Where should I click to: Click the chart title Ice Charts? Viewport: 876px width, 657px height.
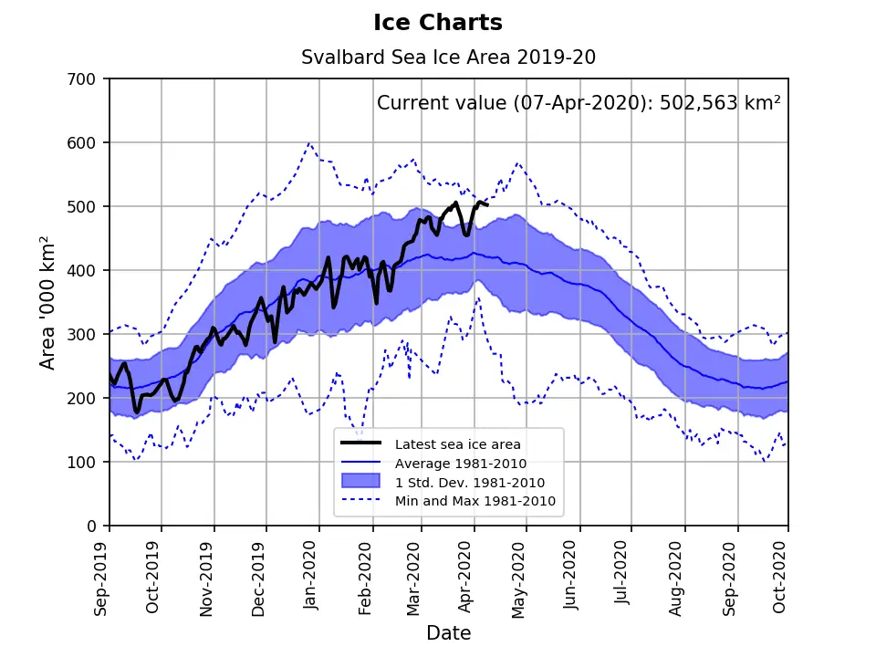point(438,22)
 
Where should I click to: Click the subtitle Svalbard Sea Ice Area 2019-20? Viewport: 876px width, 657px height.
point(448,57)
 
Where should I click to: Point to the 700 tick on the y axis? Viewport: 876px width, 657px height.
point(87,79)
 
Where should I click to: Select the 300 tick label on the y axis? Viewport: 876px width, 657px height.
point(87,335)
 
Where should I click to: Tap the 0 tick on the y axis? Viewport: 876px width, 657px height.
point(96,527)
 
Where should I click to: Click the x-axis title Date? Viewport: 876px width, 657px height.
point(448,632)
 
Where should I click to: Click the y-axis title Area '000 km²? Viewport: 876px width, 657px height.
point(47,302)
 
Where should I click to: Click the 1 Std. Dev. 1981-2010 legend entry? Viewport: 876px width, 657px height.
point(469,482)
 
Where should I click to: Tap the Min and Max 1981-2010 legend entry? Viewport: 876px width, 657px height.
point(474,501)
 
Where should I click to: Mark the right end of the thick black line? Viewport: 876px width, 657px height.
point(488,204)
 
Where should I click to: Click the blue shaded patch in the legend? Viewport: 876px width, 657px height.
point(360,482)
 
